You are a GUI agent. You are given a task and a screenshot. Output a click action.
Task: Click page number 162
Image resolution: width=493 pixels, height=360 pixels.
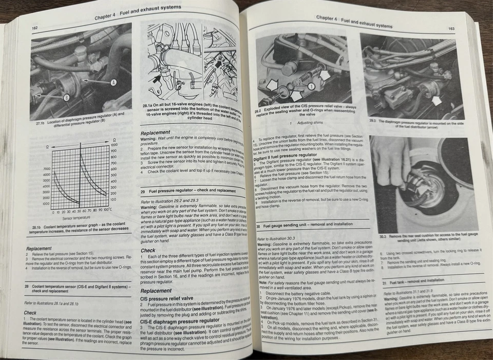pyautogui.click(x=35, y=28)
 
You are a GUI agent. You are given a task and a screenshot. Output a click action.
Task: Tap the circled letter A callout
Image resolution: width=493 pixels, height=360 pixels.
pyautogui.click(x=113, y=82)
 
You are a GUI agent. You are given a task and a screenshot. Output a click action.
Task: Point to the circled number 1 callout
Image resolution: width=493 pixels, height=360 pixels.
pyautogui.click(x=311, y=86)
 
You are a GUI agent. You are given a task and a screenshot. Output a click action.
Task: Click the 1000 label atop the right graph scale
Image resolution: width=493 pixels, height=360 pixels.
pyautogui.click(x=114, y=145)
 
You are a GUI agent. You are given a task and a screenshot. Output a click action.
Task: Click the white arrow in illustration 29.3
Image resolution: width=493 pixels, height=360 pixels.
pyautogui.click(x=437, y=101)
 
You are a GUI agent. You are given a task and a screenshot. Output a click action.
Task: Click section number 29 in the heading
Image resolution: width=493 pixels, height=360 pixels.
pyautogui.click(x=143, y=191)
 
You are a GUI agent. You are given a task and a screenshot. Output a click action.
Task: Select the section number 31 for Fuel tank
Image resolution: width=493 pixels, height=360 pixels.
pyautogui.click(x=385, y=281)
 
